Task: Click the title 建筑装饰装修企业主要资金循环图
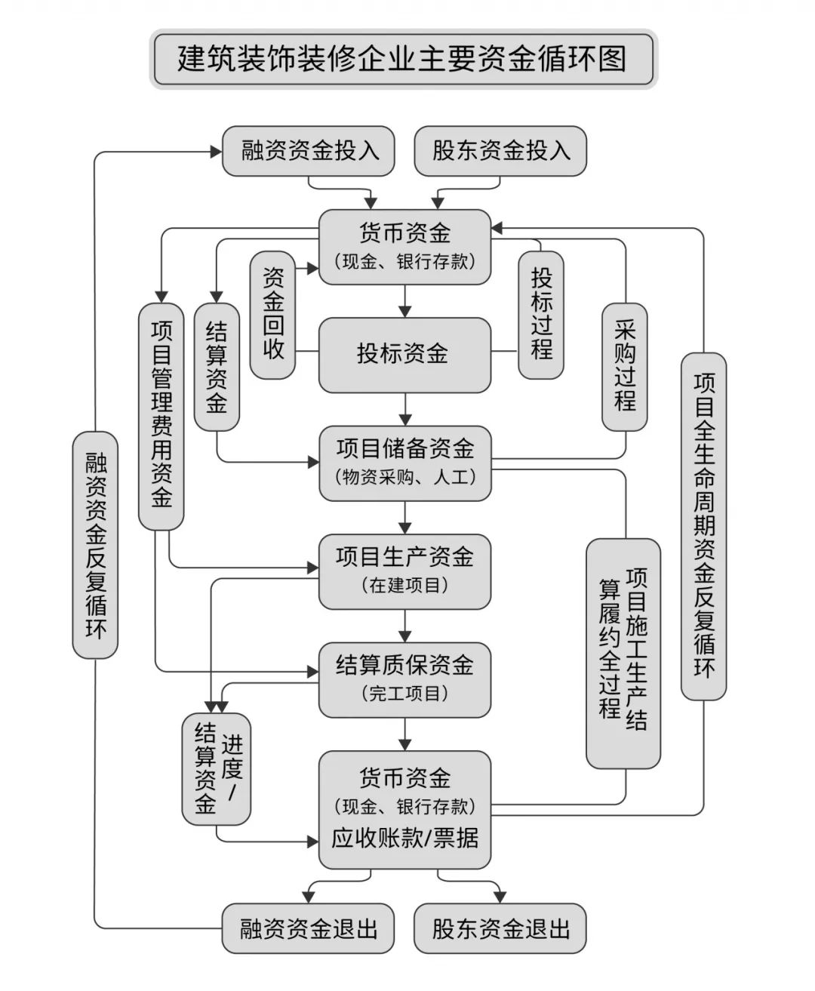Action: [x=403, y=59]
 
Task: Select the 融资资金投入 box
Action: [x=309, y=150]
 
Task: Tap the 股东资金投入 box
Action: [x=500, y=150]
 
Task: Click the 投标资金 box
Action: [x=404, y=354]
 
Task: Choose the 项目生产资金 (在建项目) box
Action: [x=404, y=571]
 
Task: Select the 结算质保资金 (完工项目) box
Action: [x=404, y=679]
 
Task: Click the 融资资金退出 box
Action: [x=309, y=928]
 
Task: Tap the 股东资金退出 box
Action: [x=500, y=928]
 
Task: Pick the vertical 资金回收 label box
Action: [x=273, y=315]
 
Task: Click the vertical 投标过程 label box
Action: [x=541, y=315]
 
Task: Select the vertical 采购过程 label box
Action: [x=624, y=366]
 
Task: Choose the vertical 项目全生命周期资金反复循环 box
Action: [x=703, y=526]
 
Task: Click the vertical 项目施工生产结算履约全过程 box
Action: [x=623, y=653]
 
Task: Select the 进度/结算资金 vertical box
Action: [x=216, y=768]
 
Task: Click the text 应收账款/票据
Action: [x=404, y=839]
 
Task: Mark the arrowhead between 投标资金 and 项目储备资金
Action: [x=405, y=418]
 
